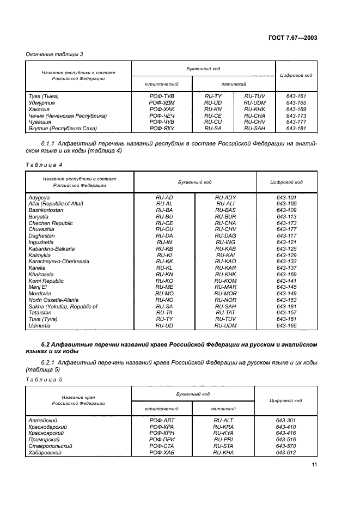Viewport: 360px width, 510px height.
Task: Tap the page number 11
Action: click(314, 464)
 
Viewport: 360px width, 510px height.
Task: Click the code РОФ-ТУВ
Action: click(162, 96)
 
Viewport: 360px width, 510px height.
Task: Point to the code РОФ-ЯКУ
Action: click(162, 129)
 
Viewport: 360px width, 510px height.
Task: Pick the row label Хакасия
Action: click(40, 109)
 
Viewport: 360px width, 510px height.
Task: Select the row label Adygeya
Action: click(39, 197)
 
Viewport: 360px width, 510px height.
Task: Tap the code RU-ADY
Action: click(225, 197)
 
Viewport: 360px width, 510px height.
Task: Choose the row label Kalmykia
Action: click(40, 255)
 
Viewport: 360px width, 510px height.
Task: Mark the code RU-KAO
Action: click(225, 262)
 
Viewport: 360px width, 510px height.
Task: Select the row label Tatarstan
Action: click(40, 313)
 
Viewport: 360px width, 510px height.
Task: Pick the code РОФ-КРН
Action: click(161, 433)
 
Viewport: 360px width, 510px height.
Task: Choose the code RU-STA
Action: click(223, 446)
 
